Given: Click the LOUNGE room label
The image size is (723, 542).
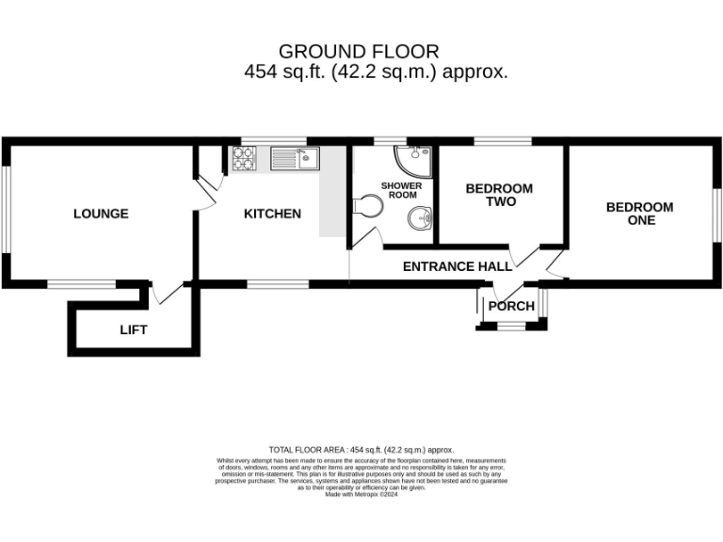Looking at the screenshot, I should click(x=101, y=214).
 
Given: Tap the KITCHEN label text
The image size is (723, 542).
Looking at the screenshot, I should click(x=272, y=214).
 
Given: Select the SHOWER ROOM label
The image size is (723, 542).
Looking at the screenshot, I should click(x=401, y=192).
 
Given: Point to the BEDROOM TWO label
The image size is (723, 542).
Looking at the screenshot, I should click(x=499, y=195).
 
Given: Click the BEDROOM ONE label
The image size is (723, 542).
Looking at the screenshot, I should click(x=639, y=214).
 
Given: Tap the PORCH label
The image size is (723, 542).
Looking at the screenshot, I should click(x=511, y=306).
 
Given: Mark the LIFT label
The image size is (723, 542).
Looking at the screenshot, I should click(x=133, y=330).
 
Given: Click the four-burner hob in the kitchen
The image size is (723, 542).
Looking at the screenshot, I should click(x=243, y=161).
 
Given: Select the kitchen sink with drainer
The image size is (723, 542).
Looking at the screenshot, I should click(x=295, y=158).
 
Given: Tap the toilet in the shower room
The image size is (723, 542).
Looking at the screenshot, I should click(x=369, y=205).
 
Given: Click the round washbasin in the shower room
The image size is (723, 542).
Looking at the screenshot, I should click(x=419, y=219).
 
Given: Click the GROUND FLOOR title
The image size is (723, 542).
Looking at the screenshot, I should click(x=359, y=51).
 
